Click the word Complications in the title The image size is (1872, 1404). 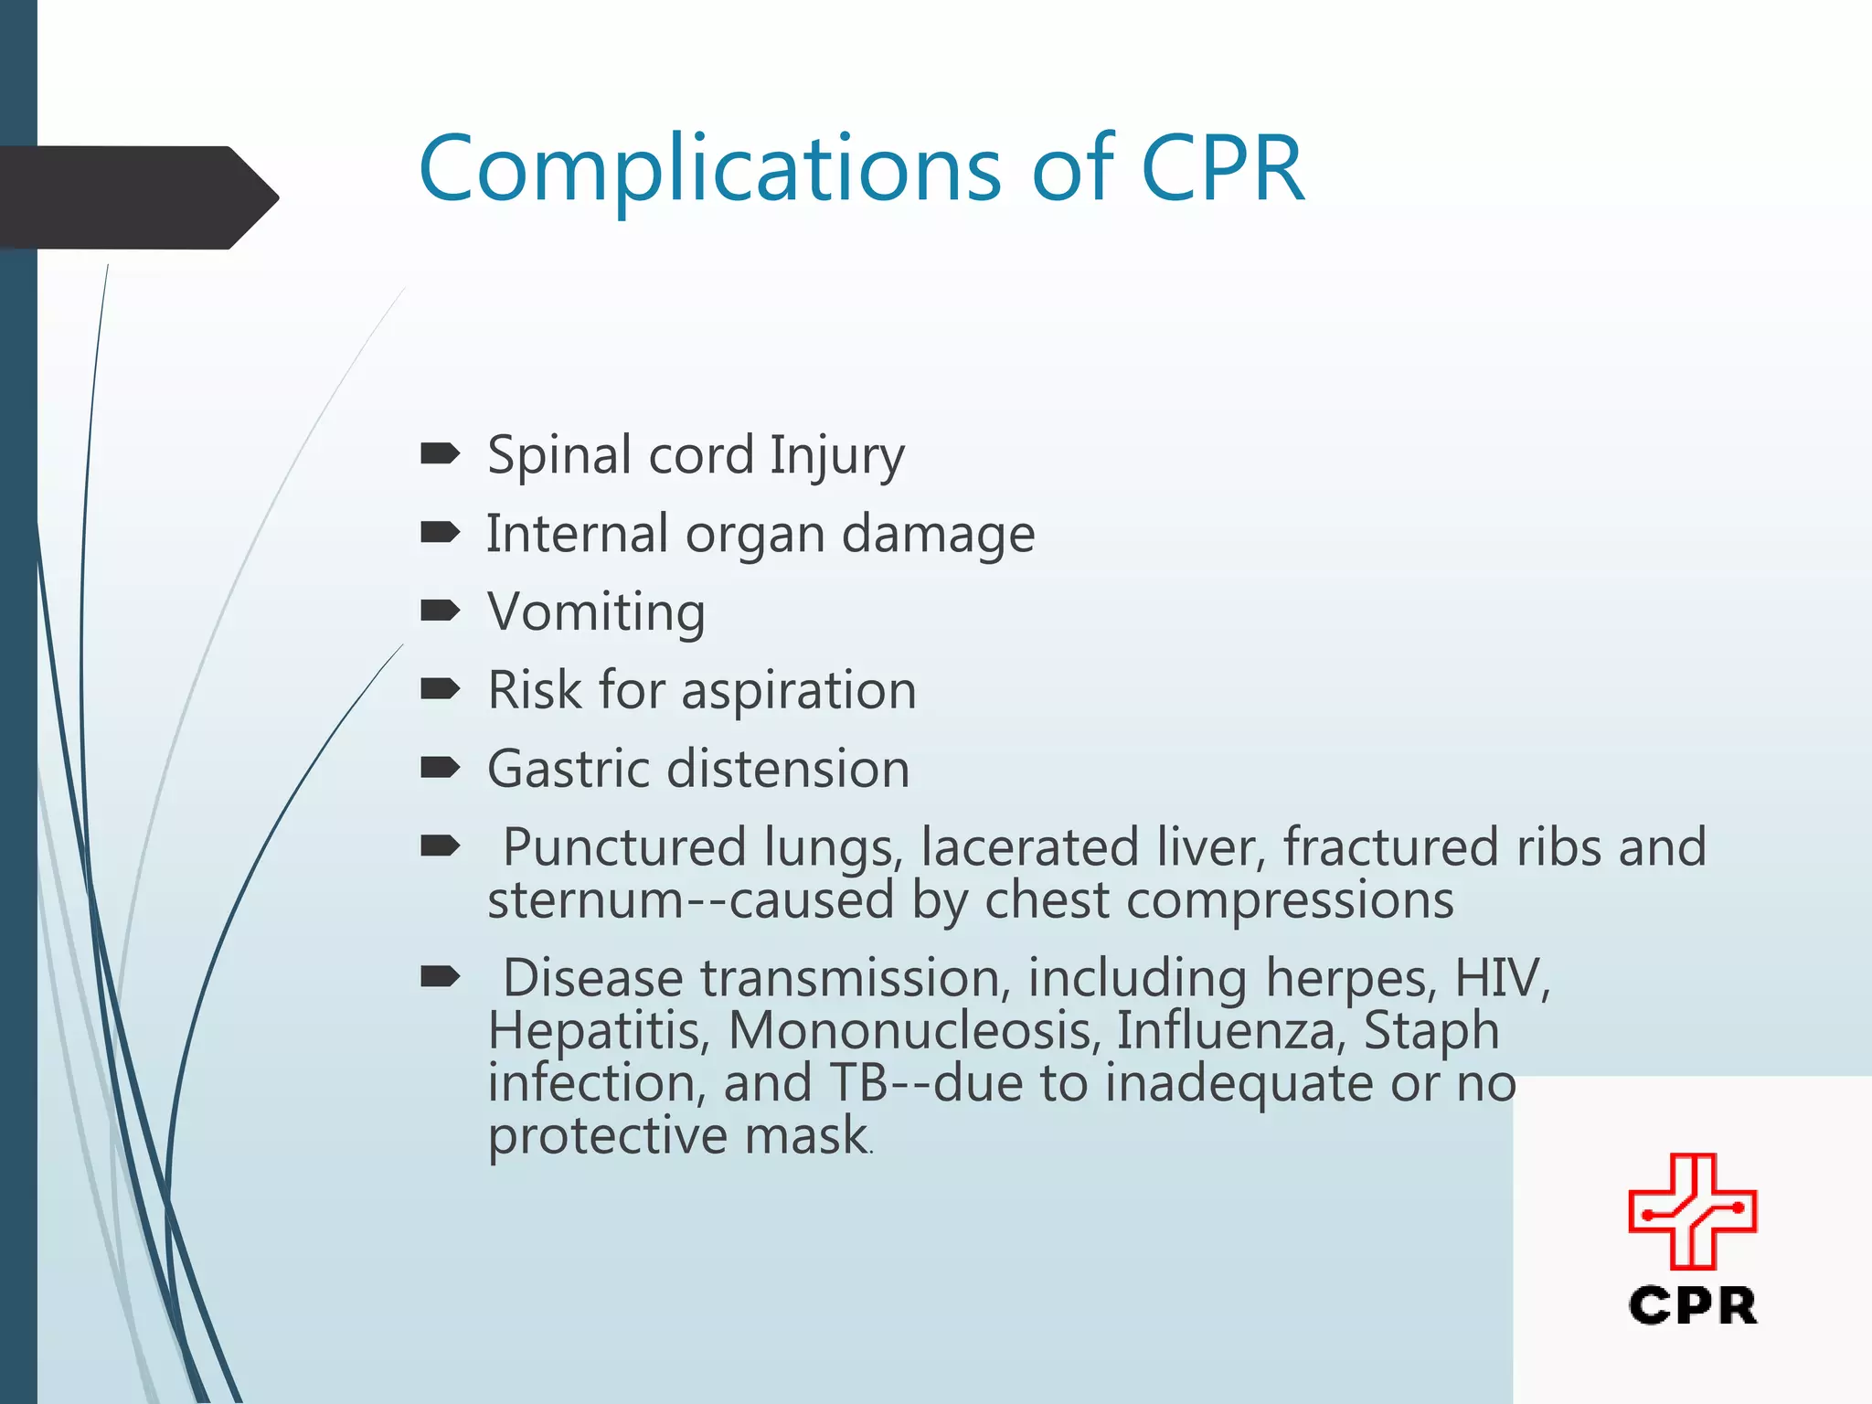(x=709, y=170)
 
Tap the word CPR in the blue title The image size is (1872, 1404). (x=1222, y=170)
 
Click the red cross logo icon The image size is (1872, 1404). (x=1692, y=1211)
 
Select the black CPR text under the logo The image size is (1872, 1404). (x=1692, y=1305)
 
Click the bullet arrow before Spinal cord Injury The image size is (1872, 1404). (x=440, y=452)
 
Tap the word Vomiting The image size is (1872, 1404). (x=596, y=612)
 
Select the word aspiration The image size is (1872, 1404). (x=798, y=690)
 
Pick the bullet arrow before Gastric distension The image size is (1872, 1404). (x=440, y=767)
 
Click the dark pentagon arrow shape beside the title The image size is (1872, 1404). (x=137, y=197)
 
